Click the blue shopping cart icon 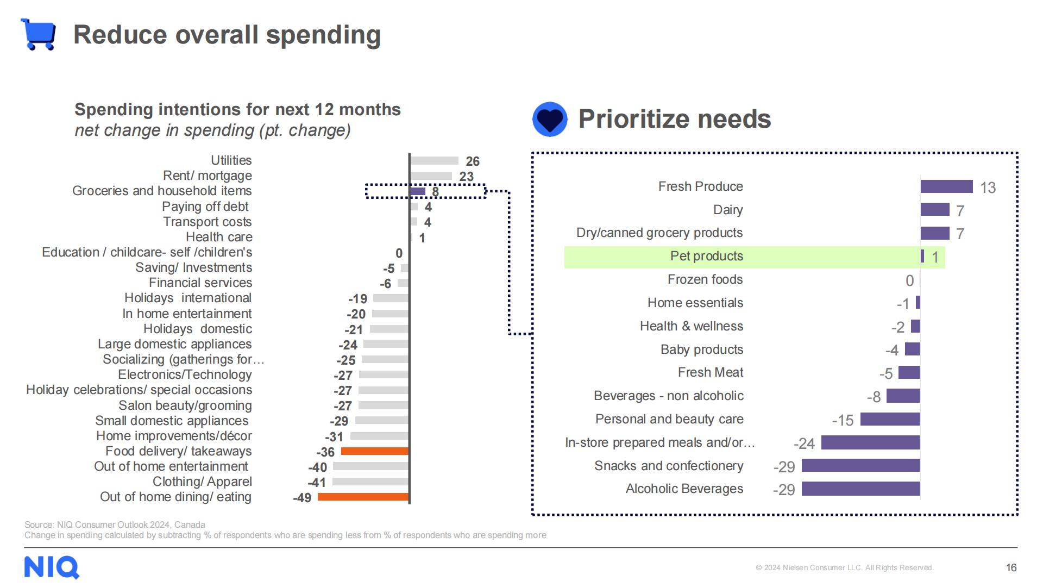point(39,34)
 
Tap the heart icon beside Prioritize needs point(550,119)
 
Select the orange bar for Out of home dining point(363,497)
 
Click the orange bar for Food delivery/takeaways point(375,451)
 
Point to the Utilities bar point(434,161)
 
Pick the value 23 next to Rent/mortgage point(466,177)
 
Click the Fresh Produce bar point(946,187)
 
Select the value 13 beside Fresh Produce point(988,188)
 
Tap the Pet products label point(706,256)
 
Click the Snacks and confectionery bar point(860,466)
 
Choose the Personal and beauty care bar point(890,419)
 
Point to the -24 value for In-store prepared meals point(804,444)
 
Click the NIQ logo point(52,567)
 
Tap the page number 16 point(1011,567)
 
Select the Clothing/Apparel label point(202,482)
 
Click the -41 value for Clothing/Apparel point(317,483)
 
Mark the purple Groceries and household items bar point(417,191)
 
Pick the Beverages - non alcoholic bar point(903,396)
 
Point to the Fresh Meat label point(710,372)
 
